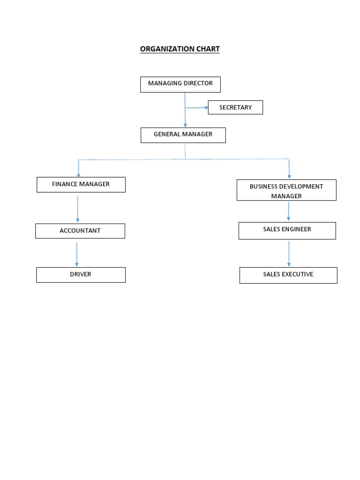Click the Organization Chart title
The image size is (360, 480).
[180, 49]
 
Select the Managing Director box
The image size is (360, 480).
[180, 84]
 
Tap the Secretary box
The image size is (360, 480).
[235, 107]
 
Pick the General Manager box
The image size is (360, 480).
[183, 135]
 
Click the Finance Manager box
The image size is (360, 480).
[81, 185]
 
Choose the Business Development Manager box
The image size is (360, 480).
[286, 190]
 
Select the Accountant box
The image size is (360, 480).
[80, 231]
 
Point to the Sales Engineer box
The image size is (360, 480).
[287, 230]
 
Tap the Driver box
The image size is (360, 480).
[81, 275]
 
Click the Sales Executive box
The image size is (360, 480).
[288, 275]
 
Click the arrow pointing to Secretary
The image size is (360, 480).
[197, 107]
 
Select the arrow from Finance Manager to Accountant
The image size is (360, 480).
[77, 209]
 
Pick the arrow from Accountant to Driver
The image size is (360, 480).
[77, 254]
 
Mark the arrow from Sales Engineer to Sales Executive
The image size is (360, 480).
[289, 254]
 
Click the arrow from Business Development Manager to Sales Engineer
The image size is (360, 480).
[288, 211]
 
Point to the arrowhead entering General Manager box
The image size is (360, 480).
[185, 125]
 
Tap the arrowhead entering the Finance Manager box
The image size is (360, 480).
[78, 175]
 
